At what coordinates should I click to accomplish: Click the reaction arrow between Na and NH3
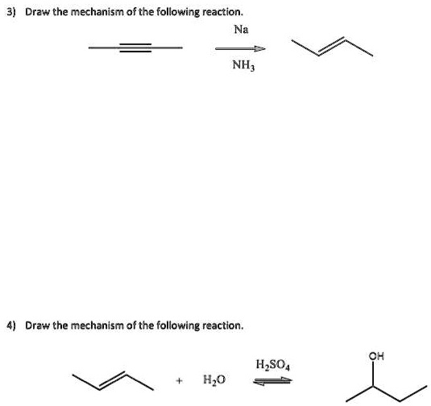pyautogui.click(x=240, y=48)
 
